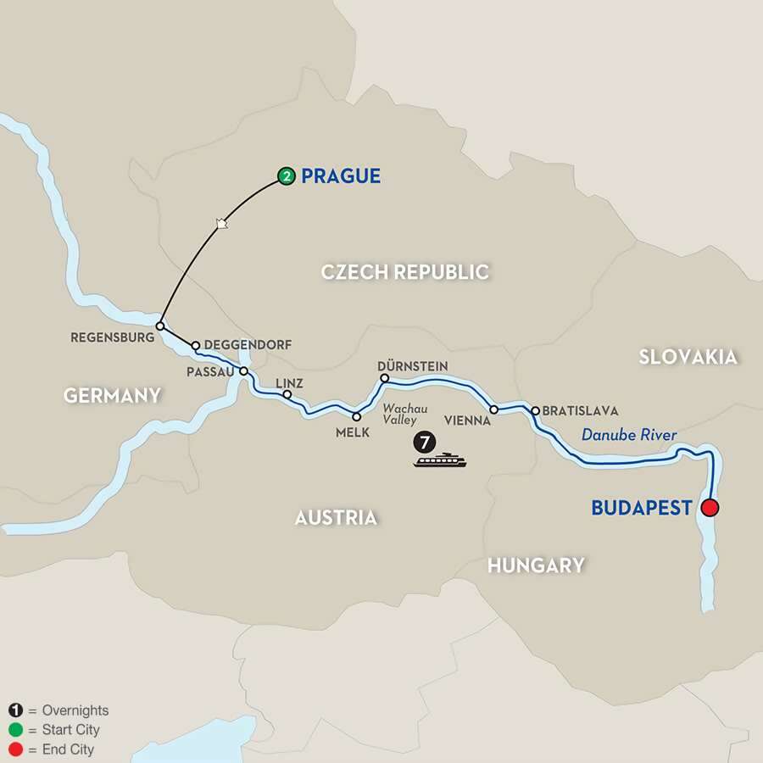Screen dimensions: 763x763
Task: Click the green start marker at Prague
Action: (287, 177)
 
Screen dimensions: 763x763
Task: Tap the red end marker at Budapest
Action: (710, 508)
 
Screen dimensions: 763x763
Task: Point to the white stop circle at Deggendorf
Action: (196, 346)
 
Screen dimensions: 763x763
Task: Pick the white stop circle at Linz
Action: (287, 394)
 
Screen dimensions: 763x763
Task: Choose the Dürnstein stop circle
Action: (383, 378)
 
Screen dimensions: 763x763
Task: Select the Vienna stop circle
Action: (493, 409)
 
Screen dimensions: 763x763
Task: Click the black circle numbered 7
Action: (421, 441)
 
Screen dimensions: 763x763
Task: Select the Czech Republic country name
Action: (405, 272)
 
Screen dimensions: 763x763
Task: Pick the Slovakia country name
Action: (688, 357)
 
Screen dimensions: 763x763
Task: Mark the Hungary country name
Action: (536, 565)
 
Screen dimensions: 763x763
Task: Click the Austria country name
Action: (336, 517)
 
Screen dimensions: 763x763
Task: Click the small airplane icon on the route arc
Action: (221, 224)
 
